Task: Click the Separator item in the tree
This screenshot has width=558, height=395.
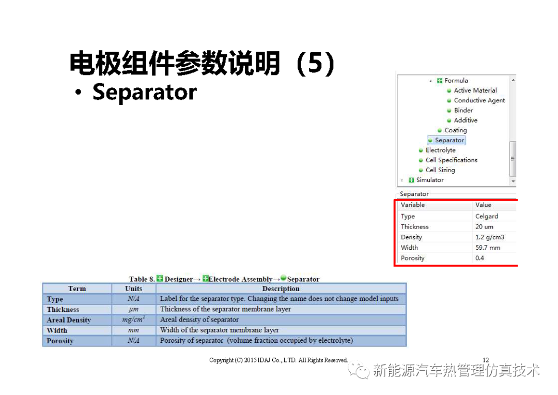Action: coord(446,140)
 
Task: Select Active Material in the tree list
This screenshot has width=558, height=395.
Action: coord(475,90)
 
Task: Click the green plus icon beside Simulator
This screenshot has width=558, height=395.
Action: coord(411,180)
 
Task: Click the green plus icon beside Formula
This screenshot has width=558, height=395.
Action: coord(440,81)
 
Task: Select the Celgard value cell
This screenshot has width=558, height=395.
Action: coord(487,216)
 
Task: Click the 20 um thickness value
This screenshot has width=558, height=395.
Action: coord(484,226)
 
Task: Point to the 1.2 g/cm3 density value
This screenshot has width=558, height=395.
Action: coord(490,237)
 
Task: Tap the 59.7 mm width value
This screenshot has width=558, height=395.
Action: coord(488,248)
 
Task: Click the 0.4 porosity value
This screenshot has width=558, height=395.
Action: coord(479,258)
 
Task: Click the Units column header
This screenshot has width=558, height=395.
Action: coord(133,288)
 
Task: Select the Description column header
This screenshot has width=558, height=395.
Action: coord(281,288)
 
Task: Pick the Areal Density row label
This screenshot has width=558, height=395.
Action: coord(69,320)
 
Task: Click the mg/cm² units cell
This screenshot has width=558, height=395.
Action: coord(133,320)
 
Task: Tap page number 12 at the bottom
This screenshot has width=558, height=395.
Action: coord(486,360)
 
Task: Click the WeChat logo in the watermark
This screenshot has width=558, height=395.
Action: coord(359,370)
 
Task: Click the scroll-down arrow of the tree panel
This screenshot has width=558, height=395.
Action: coord(513,181)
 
